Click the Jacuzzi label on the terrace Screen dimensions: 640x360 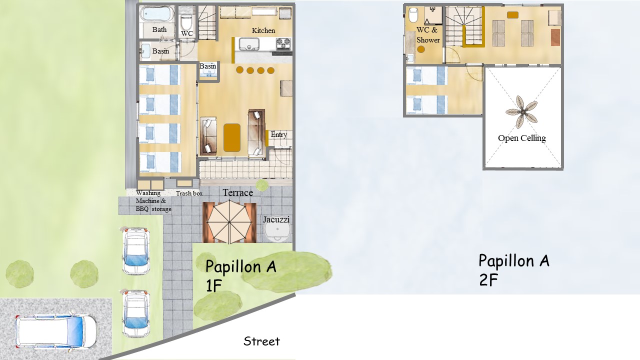pyautogui.click(x=276, y=219)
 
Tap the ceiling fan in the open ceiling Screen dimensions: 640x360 pyautogui.click(x=521, y=112)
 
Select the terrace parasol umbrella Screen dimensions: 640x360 pyautogui.click(x=229, y=222)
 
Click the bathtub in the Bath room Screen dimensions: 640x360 pyautogui.click(x=156, y=13)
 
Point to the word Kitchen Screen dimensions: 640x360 pyautogui.click(x=263, y=30)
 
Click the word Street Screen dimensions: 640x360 pyautogui.click(x=261, y=341)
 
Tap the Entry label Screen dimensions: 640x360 pyautogui.click(x=279, y=134)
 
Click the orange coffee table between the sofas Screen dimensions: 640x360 pyautogui.click(x=231, y=137)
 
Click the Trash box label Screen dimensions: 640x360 pyautogui.click(x=189, y=193)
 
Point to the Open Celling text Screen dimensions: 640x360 pyautogui.click(x=522, y=138)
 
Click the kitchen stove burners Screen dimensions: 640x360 pyautogui.click(x=283, y=43)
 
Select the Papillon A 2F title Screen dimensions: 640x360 pyautogui.click(x=513, y=269)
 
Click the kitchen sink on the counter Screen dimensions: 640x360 pyautogui.click(x=249, y=44)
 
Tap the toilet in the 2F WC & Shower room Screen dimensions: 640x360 pyautogui.click(x=413, y=15)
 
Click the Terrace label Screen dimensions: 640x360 pyautogui.click(x=237, y=192)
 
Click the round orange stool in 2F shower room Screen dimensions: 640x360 pyautogui.click(x=421, y=49)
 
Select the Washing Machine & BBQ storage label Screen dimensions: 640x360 pyautogui.click(x=153, y=201)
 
